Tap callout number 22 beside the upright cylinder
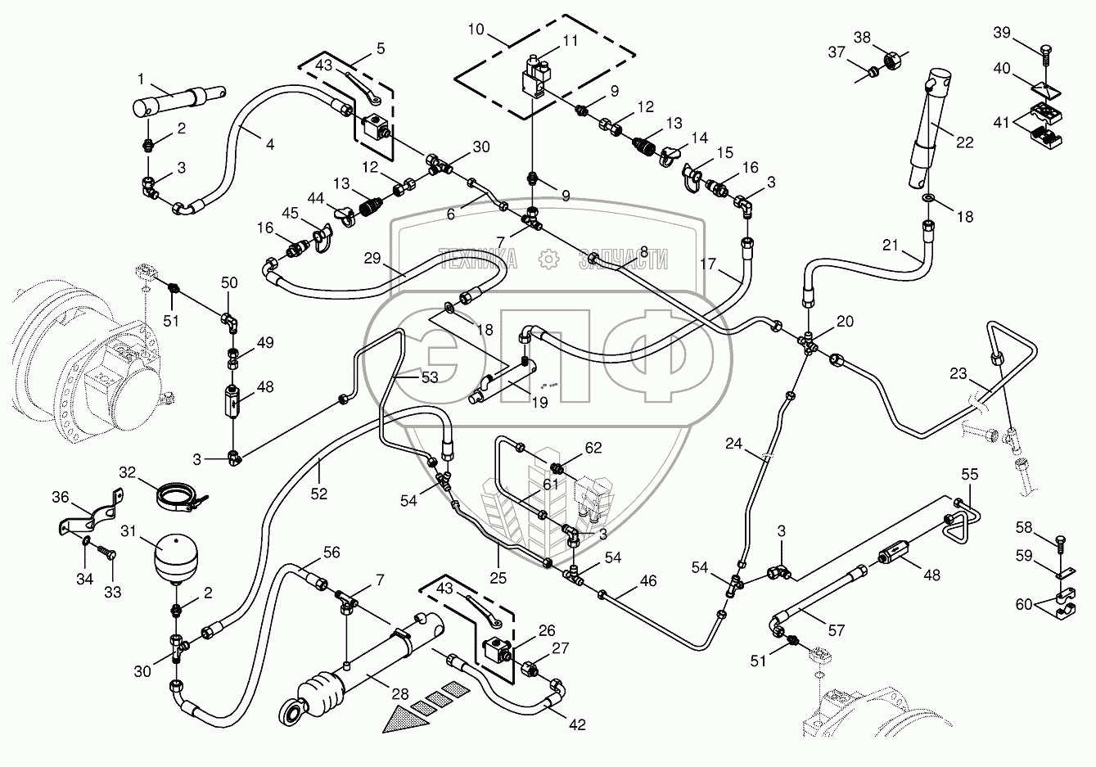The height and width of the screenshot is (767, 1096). tap(965, 142)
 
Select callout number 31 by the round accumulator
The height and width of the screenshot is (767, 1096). tap(128, 532)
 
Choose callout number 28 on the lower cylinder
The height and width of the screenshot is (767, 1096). tap(399, 694)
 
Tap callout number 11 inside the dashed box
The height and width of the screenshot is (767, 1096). tap(570, 40)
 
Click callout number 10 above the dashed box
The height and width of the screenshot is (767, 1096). tap(476, 29)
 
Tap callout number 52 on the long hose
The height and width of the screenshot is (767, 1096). tap(318, 493)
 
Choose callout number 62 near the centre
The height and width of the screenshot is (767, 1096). tap(593, 447)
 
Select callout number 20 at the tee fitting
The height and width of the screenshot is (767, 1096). tap(845, 322)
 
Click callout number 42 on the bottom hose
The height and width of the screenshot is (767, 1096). tap(578, 724)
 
